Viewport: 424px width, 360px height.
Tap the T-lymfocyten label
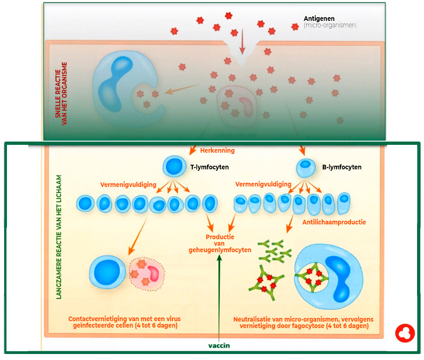209,167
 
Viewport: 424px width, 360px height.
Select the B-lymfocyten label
342,167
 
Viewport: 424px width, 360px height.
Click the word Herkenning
217,150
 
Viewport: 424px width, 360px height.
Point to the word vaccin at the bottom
219,345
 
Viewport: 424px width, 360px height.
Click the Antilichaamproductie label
334,222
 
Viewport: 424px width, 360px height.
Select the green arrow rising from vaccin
219,296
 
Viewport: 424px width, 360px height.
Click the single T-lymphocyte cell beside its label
172,166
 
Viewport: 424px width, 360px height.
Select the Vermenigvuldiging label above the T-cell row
128,184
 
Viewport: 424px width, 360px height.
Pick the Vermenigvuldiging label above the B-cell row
263,184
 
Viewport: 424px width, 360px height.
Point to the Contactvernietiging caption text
124,322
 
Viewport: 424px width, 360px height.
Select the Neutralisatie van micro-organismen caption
303,323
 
